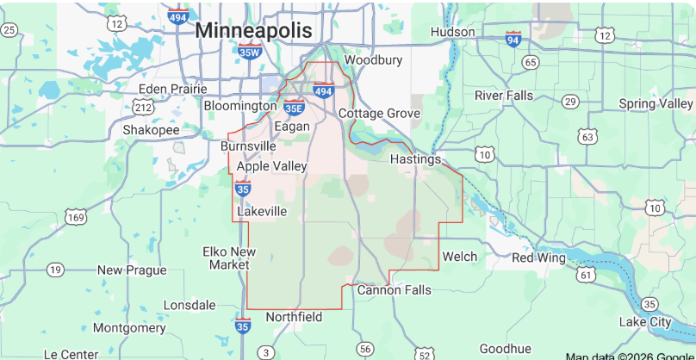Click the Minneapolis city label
(x=253, y=30)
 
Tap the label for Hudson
(x=452, y=32)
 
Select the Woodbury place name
(x=373, y=60)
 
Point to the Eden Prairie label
(x=173, y=88)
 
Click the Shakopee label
(x=151, y=129)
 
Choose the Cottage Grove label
(x=379, y=114)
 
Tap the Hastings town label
(x=415, y=159)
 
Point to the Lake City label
(x=645, y=322)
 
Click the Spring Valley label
(x=656, y=104)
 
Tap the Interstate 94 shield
(x=513, y=39)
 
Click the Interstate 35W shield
(x=249, y=52)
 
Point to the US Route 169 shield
(x=77, y=217)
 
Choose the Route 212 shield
(x=143, y=107)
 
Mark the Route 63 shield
(x=587, y=136)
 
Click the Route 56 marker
(x=366, y=348)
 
